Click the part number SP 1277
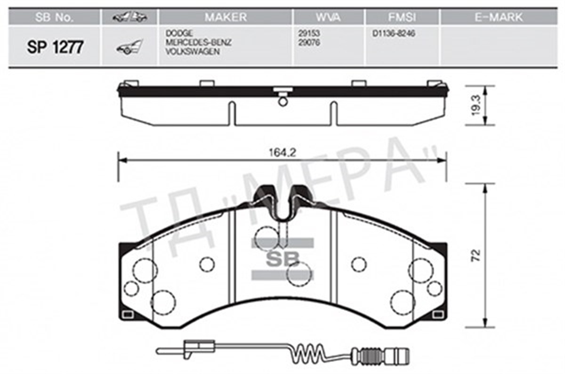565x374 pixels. point(55,47)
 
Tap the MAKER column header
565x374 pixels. point(225,17)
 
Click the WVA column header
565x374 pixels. point(328,17)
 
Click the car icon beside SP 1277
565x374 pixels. point(129,47)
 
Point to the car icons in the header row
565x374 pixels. point(129,17)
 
